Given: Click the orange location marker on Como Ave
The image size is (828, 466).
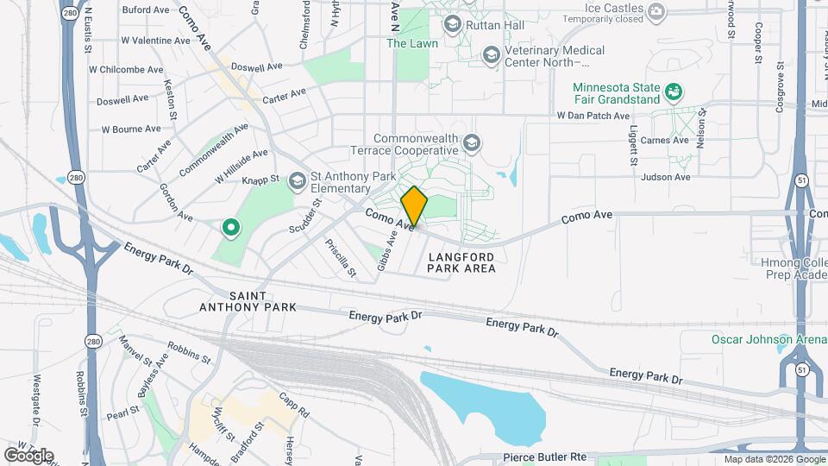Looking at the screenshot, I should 414,206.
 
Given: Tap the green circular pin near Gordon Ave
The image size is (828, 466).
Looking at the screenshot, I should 231,228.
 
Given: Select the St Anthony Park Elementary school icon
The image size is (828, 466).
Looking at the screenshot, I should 298,179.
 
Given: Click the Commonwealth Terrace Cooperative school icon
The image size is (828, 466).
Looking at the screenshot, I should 471,142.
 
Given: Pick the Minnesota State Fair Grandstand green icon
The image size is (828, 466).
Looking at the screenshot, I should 674,90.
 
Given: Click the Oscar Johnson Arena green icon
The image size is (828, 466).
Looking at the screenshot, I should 784,339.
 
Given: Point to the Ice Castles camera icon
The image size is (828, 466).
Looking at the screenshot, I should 657,11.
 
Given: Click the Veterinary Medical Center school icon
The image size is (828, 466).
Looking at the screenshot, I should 491,56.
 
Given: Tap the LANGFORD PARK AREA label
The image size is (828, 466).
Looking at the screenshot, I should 461,262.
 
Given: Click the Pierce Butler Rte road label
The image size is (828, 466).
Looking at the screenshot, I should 544,456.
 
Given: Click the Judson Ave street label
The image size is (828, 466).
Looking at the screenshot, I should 666,177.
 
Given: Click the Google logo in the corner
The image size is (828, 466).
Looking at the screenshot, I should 28,455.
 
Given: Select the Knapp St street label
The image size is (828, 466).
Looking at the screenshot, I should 260,179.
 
